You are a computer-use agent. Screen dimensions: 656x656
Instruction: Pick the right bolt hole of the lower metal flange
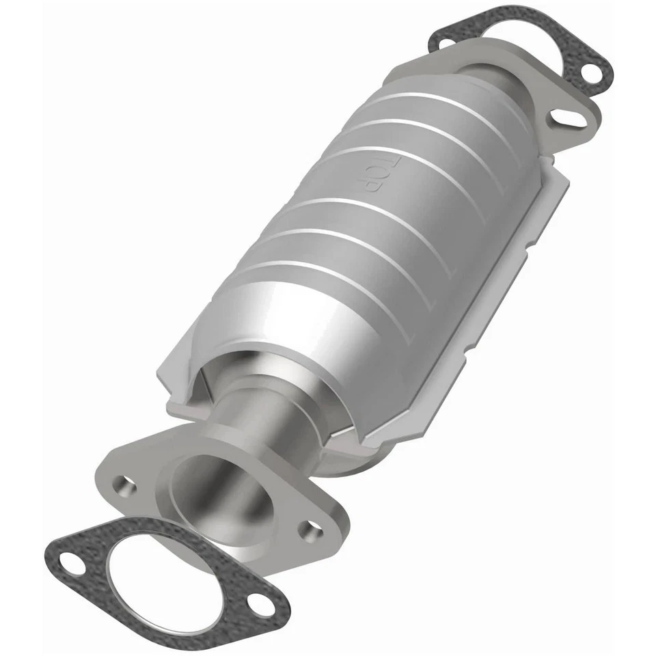[313, 528]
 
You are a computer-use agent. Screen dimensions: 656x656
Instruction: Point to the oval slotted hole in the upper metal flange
[569, 118]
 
